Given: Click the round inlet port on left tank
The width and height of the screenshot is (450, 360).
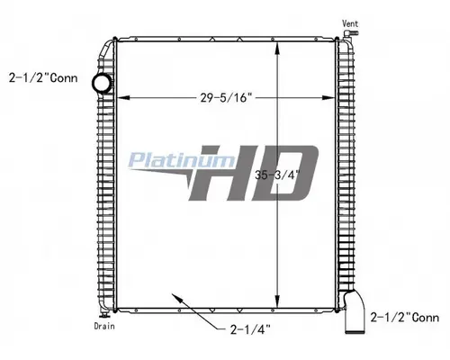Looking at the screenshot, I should point(101,84).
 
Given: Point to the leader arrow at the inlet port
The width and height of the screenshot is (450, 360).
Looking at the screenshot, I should point(90,80).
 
